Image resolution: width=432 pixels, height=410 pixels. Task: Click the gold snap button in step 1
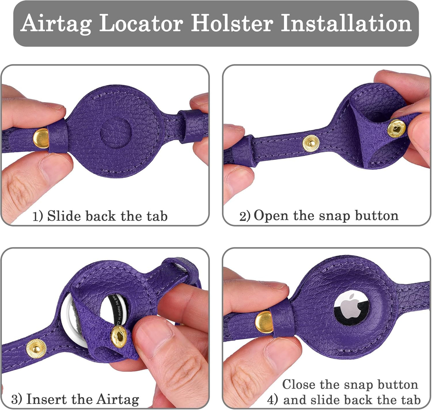40,138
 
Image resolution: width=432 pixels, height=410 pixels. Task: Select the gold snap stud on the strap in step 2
311,143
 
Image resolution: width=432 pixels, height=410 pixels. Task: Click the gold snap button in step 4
264,322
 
